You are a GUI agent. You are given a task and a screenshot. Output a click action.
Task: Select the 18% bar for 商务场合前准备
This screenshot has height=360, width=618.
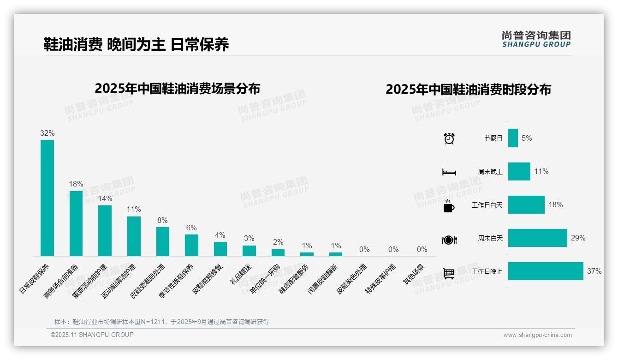click(x=76, y=223)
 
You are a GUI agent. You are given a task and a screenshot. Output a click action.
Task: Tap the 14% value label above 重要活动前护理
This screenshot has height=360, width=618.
click(x=105, y=198)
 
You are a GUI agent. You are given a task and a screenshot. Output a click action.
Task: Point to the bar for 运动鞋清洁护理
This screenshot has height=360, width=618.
click(x=134, y=236)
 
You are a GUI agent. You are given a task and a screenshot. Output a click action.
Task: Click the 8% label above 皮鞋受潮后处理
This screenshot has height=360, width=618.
click(x=162, y=221)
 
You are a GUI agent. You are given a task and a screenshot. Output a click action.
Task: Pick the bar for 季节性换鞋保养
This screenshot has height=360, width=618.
click(x=191, y=245)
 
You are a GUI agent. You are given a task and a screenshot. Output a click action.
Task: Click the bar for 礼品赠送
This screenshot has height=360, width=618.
click(x=249, y=251)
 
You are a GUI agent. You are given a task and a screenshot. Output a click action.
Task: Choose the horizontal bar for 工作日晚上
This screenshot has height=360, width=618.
click(x=546, y=271)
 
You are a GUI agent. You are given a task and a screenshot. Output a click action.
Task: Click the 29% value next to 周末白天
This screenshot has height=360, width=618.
click(x=578, y=238)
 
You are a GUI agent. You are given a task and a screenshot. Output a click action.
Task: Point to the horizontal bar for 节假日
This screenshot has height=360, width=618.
click(x=513, y=138)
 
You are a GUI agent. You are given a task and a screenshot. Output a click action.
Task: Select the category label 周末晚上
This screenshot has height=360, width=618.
click(x=490, y=172)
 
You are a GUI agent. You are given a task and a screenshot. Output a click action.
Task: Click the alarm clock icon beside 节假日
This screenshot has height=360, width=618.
click(x=449, y=138)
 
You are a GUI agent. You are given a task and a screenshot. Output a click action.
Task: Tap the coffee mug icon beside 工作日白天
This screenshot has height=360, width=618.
click(x=449, y=206)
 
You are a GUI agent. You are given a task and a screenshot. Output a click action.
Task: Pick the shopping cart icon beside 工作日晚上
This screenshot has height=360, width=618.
click(x=449, y=273)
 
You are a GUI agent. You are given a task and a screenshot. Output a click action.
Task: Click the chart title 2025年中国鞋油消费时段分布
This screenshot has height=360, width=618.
click(x=468, y=90)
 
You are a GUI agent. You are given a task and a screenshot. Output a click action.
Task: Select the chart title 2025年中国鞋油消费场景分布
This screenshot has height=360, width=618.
click(x=178, y=89)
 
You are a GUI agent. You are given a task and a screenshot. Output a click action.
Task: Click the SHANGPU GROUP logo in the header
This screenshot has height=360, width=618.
click(x=536, y=39)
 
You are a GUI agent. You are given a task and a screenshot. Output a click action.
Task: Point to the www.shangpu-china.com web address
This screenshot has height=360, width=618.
click(x=537, y=335)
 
